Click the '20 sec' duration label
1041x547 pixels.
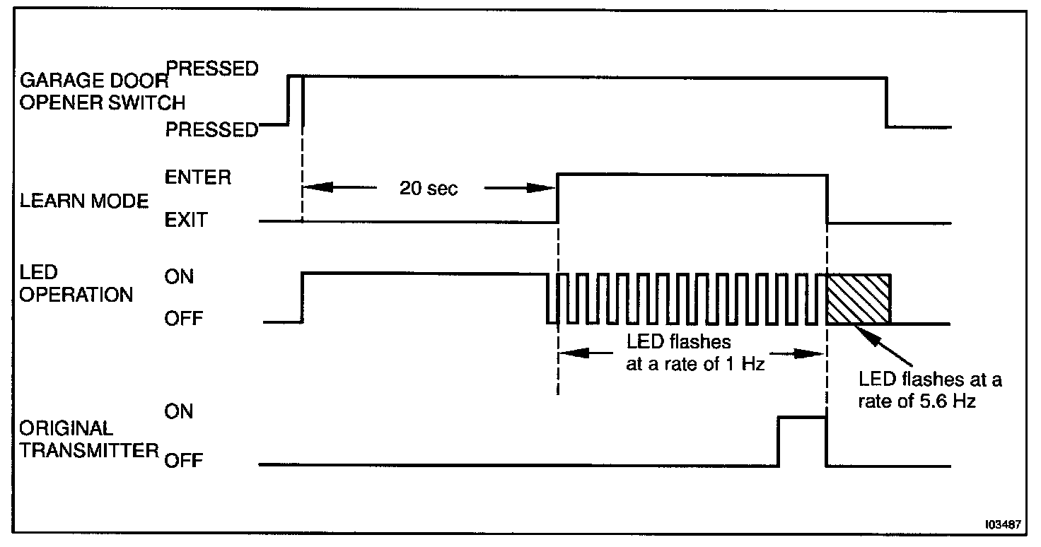429,189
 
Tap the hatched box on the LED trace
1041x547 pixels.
858,298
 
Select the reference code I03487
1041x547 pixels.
1004,525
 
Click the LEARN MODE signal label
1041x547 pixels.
84,202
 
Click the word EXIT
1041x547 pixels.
187,220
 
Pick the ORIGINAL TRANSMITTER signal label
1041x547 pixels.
88,440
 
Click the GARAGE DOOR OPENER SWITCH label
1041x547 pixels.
103,92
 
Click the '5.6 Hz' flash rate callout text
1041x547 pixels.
930,391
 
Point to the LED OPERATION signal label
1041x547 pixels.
76,283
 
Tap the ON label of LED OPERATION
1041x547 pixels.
179,276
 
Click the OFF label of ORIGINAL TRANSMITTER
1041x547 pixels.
184,461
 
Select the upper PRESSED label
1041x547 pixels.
212,69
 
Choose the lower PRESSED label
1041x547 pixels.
212,130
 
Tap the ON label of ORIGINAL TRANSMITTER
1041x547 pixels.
179,411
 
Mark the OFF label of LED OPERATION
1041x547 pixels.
184,319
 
